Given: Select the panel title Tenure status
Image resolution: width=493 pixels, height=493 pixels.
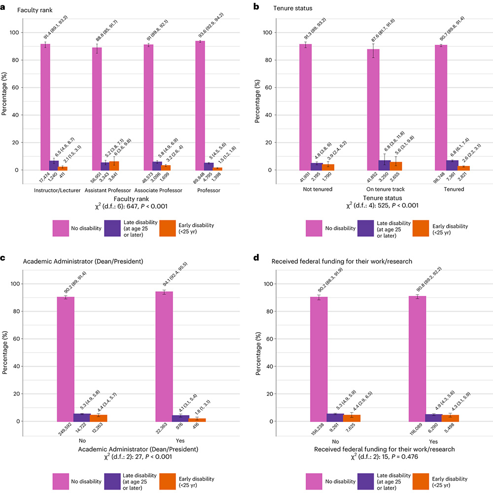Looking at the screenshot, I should pyautogui.click(x=291, y=8).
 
